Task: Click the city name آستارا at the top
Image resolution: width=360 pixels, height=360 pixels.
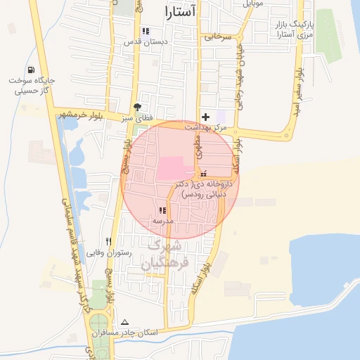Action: (x=180, y=11)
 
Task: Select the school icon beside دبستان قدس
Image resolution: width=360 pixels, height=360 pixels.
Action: (x=146, y=31)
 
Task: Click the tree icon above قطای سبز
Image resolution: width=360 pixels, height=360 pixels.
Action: (x=136, y=107)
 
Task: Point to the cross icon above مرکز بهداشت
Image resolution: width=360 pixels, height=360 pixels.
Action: (x=205, y=116)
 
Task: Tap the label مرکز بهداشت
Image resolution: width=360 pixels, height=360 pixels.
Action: (x=206, y=127)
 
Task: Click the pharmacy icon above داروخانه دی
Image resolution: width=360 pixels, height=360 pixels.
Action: (x=204, y=174)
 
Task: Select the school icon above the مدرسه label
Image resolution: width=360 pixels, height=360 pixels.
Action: (x=163, y=210)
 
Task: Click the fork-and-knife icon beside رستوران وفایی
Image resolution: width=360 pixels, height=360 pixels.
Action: (x=108, y=240)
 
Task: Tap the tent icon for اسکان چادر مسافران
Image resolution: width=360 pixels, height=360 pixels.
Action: (x=125, y=321)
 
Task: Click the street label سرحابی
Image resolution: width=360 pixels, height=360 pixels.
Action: (x=218, y=37)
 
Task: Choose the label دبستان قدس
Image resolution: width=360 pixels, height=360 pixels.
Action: (x=147, y=42)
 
